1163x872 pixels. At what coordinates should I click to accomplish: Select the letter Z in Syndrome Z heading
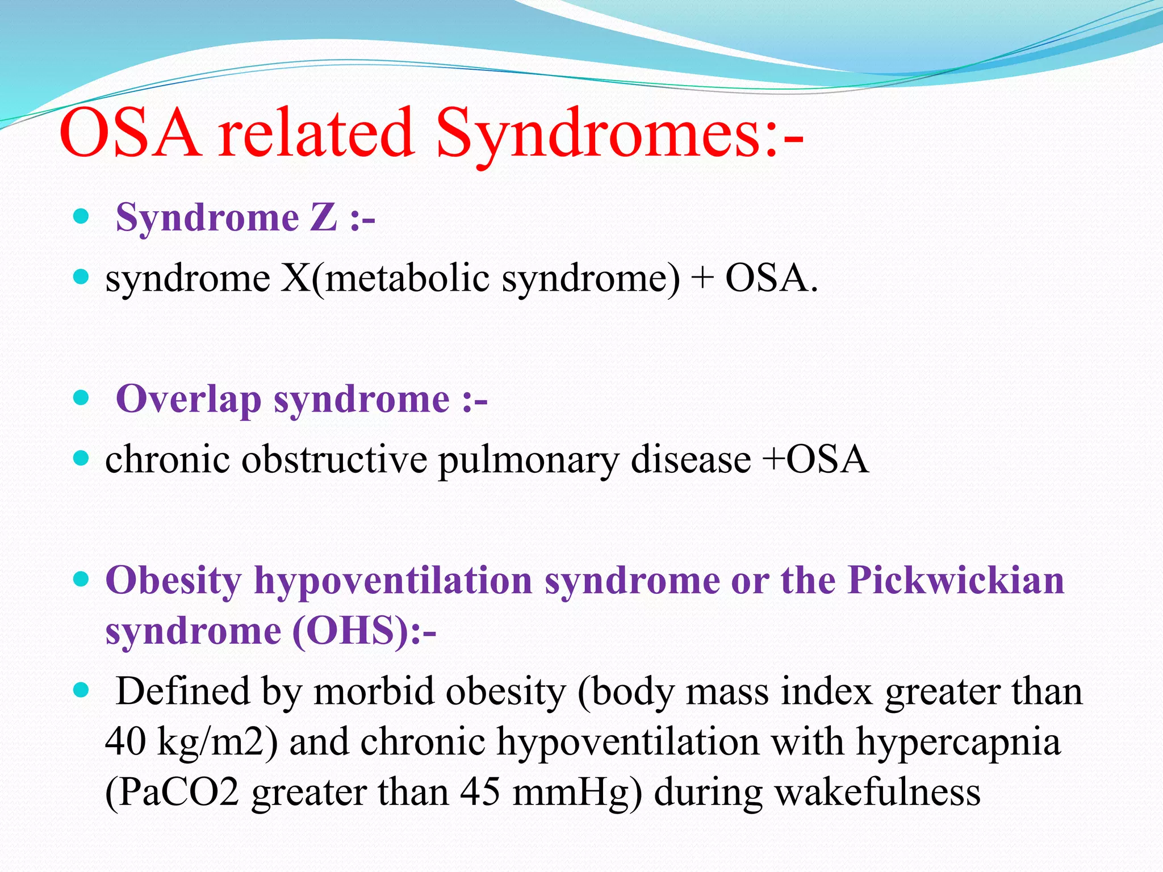click(324, 217)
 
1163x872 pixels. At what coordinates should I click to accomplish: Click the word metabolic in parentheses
click(407, 279)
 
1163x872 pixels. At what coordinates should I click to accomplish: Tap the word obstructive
click(334, 460)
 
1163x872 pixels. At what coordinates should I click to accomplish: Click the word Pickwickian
click(956, 581)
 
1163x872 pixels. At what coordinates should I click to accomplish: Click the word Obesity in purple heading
click(174, 581)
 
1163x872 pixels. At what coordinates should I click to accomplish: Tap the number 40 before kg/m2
click(125, 742)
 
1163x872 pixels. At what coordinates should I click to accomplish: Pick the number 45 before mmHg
click(480, 793)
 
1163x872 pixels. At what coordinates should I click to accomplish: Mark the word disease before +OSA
click(691, 460)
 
